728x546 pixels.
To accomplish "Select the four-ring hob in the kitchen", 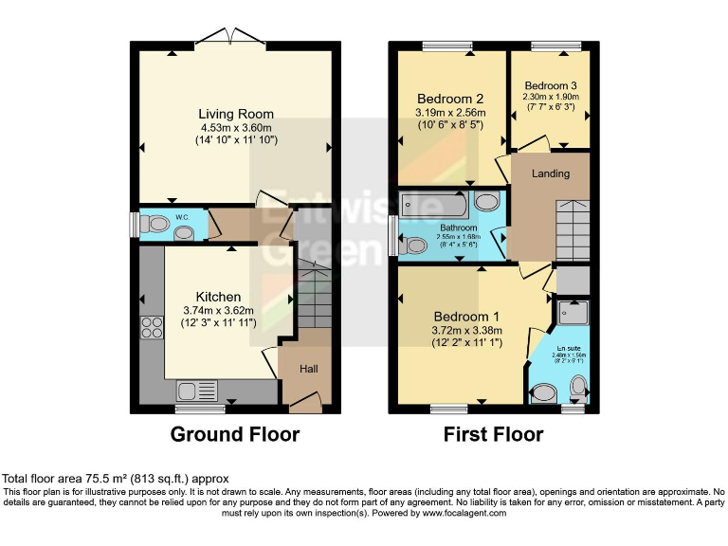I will pos(152,328).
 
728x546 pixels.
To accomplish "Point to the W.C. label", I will pos(182,218).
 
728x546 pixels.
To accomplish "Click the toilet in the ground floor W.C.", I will pos(151,226).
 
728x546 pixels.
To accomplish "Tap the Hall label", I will pos(310,369).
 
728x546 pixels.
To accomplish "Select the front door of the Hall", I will pos(304,405).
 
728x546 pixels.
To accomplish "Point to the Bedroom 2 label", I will pos(451,99).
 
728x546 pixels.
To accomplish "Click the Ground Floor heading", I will pos(234,435).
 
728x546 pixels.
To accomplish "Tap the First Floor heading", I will pos(493,435).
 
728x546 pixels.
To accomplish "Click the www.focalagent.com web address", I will pos(464,513).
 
